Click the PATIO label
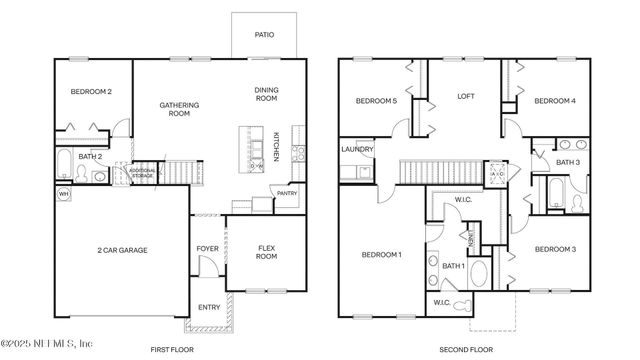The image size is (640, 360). coord(263,35)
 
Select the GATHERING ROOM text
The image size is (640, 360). coord(179,109)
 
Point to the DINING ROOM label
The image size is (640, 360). coord(265,94)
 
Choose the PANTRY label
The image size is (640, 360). coord(287,194)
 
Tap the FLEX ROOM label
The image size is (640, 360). coord(267,251)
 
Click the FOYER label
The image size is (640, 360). coord(207,249)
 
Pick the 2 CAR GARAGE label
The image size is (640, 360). coord(122,250)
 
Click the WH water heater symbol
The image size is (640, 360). coord(64,194)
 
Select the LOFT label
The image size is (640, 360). coord(466,97)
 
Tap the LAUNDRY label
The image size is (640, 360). coord(357,150)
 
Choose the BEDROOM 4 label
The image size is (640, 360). coord(554,101)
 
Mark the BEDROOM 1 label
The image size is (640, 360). coord(381,254)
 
